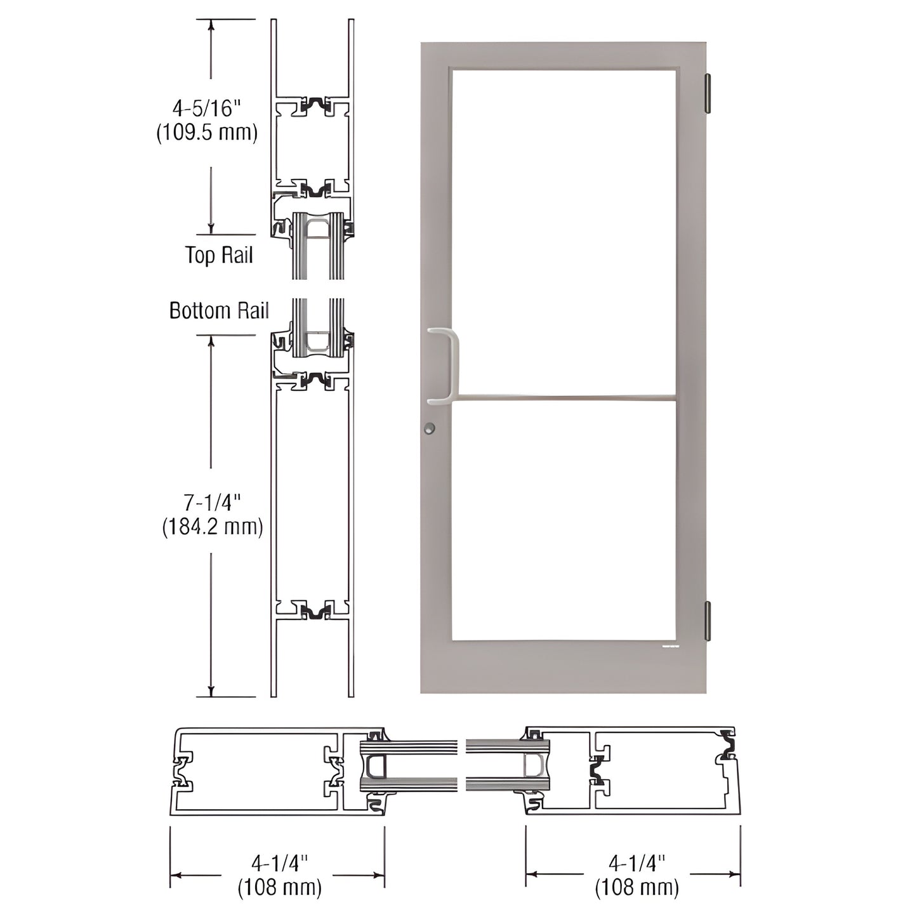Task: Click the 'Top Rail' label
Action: (x=219, y=255)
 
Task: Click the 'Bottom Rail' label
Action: (x=219, y=310)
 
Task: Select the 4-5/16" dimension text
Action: (x=208, y=109)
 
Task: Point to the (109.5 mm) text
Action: (x=208, y=132)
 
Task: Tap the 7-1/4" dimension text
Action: (x=213, y=503)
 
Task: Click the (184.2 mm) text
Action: (x=213, y=527)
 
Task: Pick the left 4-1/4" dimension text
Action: (x=279, y=863)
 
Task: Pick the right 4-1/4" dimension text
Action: (x=637, y=863)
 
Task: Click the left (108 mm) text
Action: (x=279, y=887)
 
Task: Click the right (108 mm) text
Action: (x=637, y=887)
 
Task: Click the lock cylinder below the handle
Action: (x=430, y=428)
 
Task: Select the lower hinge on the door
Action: (x=708, y=620)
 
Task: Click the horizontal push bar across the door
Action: (x=565, y=399)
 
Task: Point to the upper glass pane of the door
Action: (x=564, y=232)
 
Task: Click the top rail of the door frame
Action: (x=564, y=55)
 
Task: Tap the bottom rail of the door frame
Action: (x=564, y=666)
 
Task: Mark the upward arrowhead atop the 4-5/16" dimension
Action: (x=211, y=25)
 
